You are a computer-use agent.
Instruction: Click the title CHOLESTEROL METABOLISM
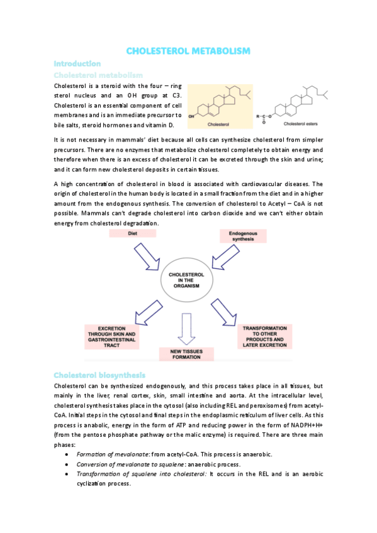coord(188,50)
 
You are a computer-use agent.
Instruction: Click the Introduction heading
coord(77,63)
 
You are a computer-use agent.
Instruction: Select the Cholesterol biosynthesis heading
coord(100,375)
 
